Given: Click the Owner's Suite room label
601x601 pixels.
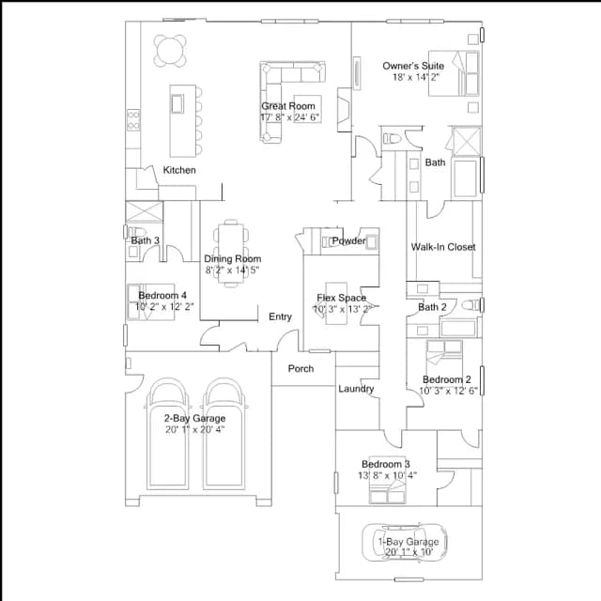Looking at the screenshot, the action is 413,66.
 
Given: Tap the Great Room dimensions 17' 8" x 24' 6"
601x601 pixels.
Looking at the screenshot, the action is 290,116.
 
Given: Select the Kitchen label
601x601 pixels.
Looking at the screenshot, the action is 179,170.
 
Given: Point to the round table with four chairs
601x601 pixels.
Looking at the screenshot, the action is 170,51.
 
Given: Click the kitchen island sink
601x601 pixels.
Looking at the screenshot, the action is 177,103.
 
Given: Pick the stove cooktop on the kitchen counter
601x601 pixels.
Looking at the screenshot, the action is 133,119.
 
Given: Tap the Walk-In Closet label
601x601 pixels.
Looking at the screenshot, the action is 443,247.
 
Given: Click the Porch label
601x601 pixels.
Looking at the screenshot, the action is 300,369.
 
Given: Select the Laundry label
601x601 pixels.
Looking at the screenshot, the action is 356,389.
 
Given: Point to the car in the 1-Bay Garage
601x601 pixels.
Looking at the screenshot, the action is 405,543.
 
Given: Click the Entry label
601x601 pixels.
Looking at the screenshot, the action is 280,316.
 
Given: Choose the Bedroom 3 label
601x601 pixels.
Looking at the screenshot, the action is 386,464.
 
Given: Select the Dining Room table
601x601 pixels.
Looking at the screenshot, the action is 231,254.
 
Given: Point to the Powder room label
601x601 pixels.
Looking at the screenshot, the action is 348,240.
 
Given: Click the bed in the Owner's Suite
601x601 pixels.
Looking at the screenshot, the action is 454,73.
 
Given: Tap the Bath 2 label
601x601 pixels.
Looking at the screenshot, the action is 432,307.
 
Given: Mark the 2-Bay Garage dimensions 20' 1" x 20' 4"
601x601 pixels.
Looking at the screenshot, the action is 195,429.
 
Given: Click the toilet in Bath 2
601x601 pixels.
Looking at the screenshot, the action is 470,305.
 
